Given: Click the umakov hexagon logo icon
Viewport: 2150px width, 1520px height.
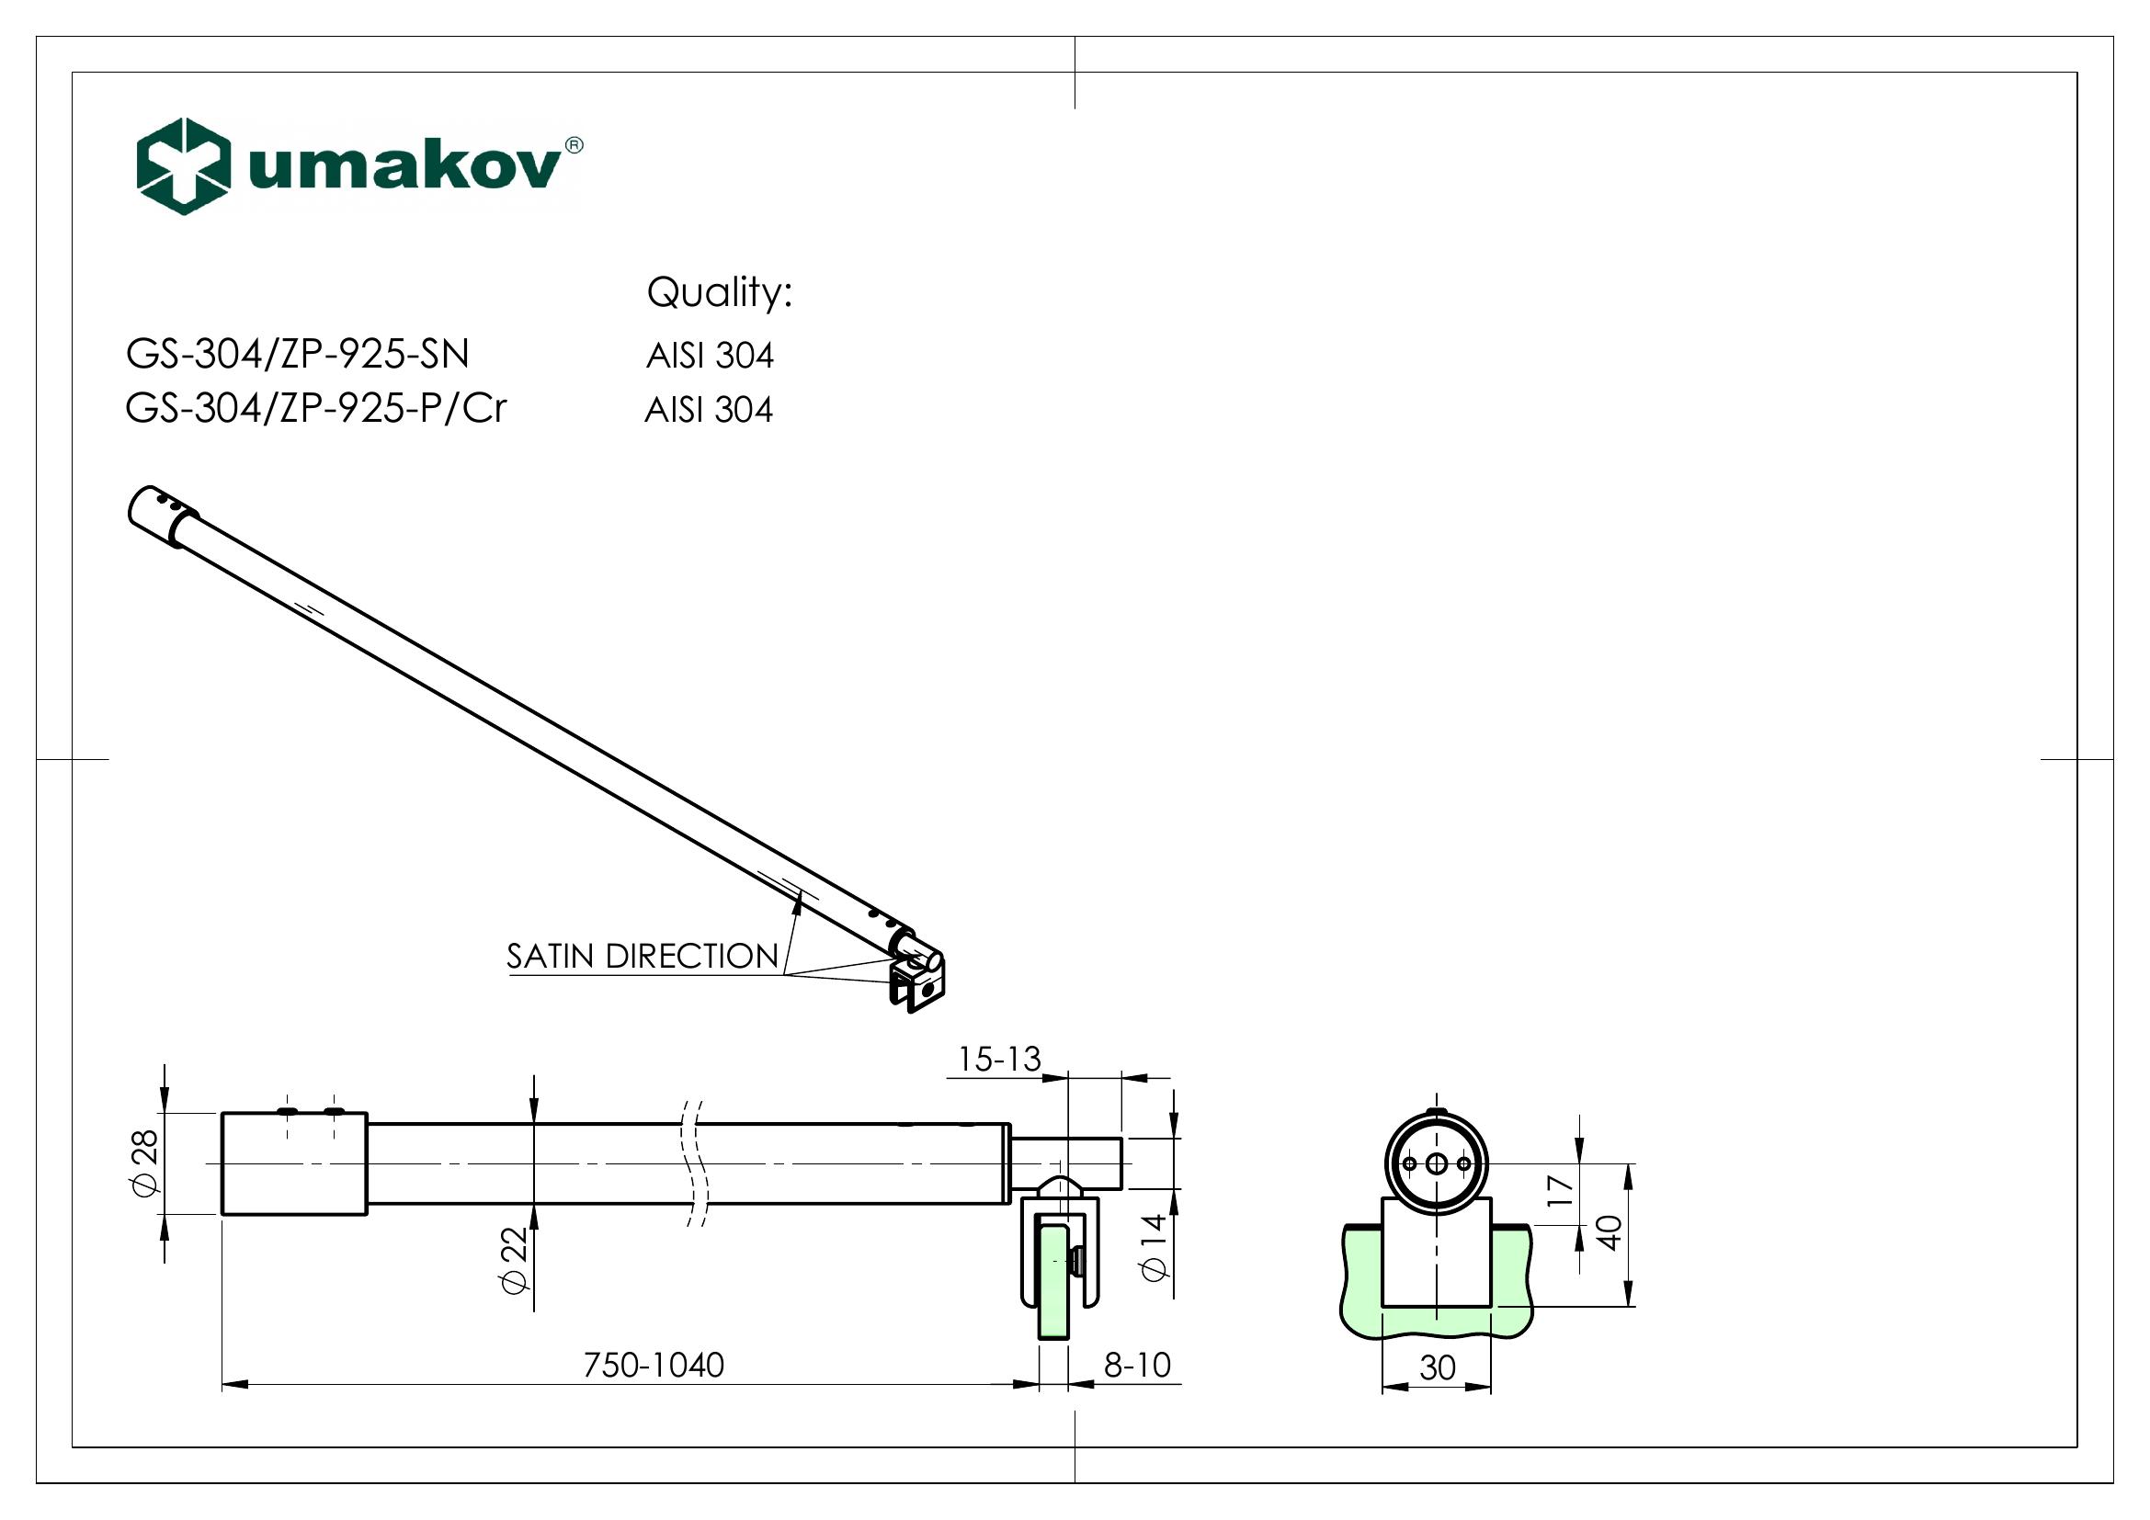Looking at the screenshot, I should click(x=184, y=166).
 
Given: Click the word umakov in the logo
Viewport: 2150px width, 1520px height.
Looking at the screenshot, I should click(x=404, y=169).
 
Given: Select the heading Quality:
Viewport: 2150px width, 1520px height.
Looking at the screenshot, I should click(x=719, y=294).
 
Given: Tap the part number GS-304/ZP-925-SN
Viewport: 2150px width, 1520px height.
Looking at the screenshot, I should click(x=298, y=355).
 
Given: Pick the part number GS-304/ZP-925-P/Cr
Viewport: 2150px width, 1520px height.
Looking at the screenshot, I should click(x=316, y=409).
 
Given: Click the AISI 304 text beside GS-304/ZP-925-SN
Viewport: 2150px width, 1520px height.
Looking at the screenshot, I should click(x=710, y=357).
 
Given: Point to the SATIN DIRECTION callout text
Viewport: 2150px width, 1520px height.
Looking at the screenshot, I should click(x=643, y=957).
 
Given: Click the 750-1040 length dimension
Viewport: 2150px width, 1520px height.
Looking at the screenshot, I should click(x=654, y=1366).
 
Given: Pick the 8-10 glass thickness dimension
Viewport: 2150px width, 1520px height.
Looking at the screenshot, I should click(x=1137, y=1366).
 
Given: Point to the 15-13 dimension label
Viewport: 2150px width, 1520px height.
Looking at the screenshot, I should click(x=999, y=1060).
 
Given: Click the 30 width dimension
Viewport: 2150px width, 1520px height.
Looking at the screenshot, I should click(x=1438, y=1368).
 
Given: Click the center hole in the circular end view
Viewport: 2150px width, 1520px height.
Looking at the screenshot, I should click(x=1437, y=1163).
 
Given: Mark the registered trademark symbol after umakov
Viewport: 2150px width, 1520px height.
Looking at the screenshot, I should click(x=574, y=144).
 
